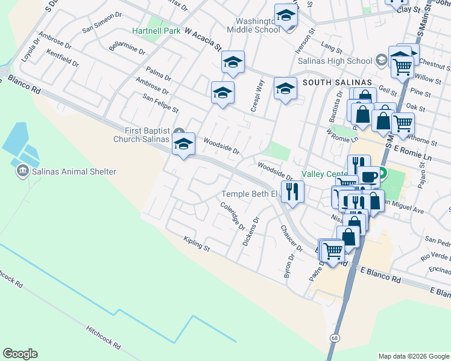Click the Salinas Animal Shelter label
pos(73,172)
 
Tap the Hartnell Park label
pos(156,31)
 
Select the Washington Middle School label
pos(253,23)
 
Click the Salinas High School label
pos(343,61)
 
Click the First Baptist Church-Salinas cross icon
pos(178,132)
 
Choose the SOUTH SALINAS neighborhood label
pos(333,82)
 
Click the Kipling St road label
pos(197,244)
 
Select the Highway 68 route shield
pos(333,338)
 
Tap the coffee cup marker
pos(368,176)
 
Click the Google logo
pos(20,354)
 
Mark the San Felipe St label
pos(160,103)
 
